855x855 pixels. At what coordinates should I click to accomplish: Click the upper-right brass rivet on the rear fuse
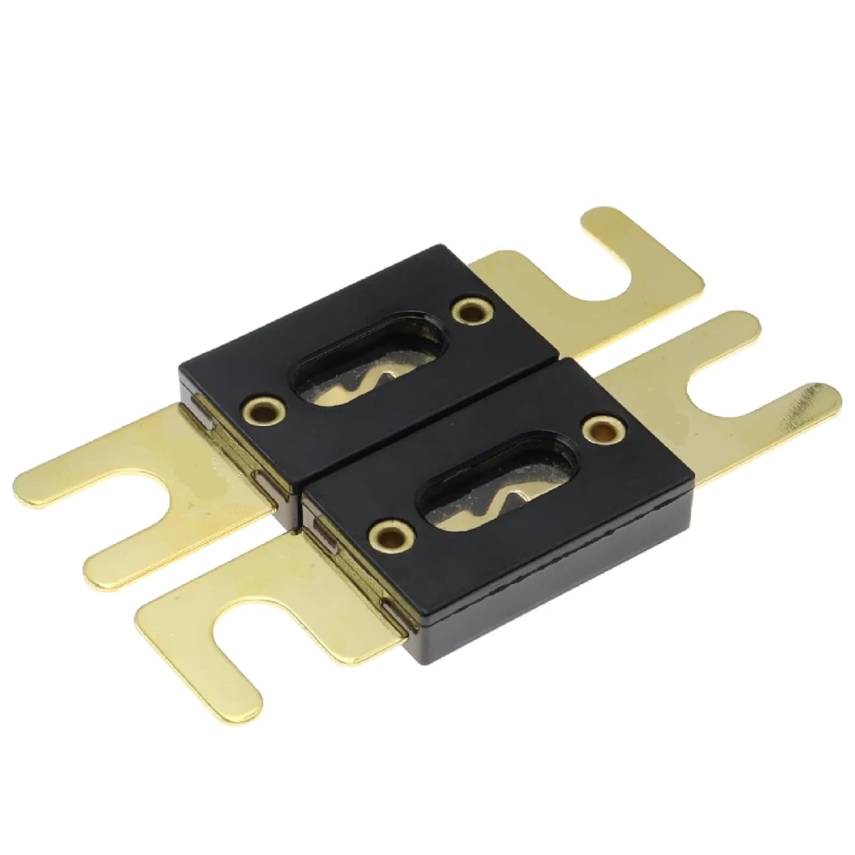(x=469, y=311)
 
